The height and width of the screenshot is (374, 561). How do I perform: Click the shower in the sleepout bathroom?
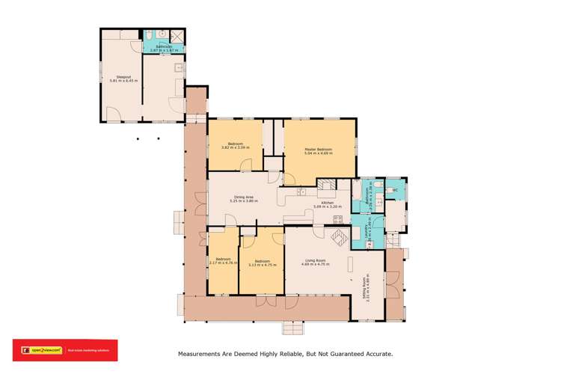[x=178, y=35]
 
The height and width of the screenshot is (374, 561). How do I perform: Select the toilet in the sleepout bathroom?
[x=150, y=34]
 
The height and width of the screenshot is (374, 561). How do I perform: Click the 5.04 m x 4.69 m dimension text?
[x=318, y=155]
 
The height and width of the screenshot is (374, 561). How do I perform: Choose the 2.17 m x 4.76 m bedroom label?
[x=223, y=262]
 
